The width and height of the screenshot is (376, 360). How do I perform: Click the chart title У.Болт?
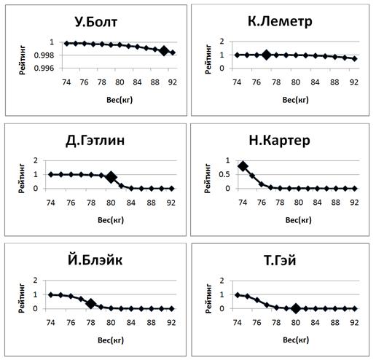click(95, 22)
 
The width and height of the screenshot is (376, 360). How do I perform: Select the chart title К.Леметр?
click(281, 22)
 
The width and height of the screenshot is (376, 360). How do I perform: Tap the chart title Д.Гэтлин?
click(95, 141)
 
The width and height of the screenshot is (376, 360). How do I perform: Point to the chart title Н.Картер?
click(281, 141)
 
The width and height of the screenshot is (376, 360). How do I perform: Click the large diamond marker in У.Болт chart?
click(164, 51)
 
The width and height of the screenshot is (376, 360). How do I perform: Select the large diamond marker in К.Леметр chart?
click(267, 55)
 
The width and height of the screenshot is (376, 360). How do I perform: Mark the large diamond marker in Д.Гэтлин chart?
click(111, 177)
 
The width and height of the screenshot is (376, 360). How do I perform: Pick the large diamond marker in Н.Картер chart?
click(243, 166)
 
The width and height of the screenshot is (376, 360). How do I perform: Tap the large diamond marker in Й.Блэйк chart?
click(91, 304)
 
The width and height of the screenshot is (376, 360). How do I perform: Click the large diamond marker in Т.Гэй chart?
click(296, 308)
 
